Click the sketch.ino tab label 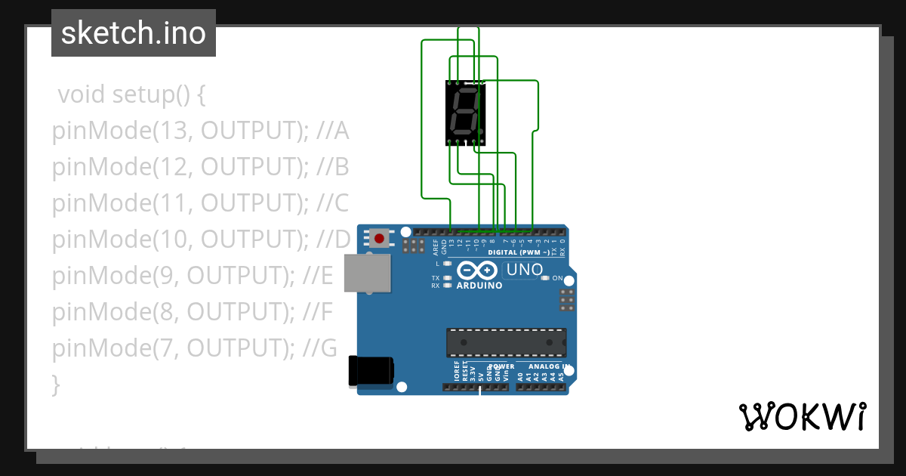134,33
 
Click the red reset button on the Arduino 379,239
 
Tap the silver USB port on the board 368,272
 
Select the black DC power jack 371,371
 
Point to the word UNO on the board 525,270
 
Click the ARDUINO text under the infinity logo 479,286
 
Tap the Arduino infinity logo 477,270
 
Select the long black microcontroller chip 506,342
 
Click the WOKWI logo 803,416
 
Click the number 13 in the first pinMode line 173,131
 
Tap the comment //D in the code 332,240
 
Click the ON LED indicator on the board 545,278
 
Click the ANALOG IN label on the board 549,366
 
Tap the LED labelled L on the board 448,264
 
